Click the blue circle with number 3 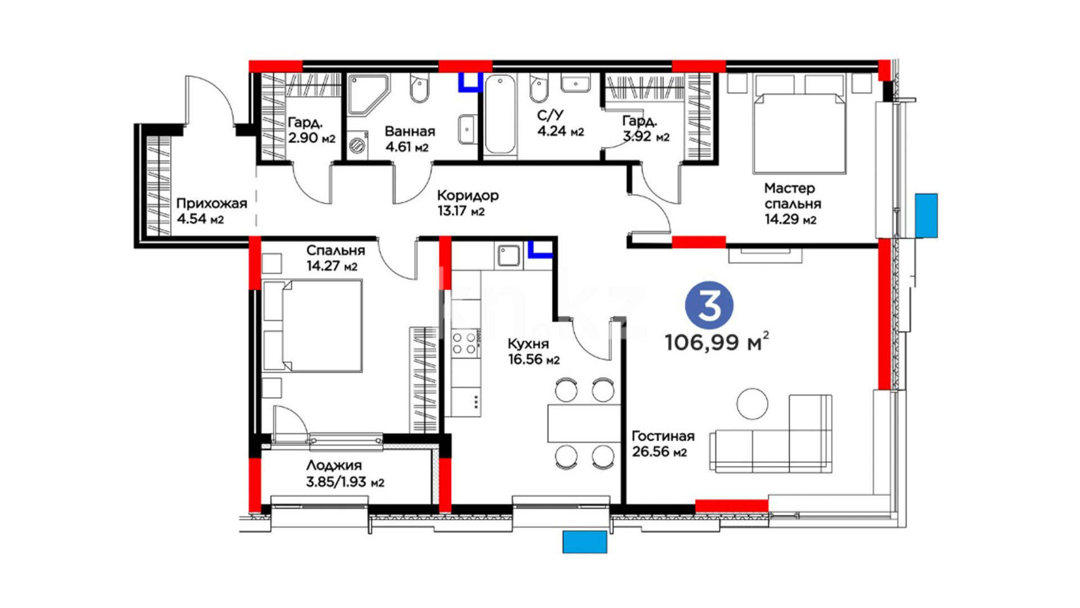[709, 305]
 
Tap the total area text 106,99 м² [717, 341]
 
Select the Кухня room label [528, 343]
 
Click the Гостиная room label [663, 436]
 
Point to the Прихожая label [211, 203]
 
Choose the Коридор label [467, 195]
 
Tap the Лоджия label [334, 466]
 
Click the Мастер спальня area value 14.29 [782, 220]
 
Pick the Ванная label [409, 131]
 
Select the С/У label [550, 115]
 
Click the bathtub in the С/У [499, 114]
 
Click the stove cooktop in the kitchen [465, 343]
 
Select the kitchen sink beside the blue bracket [510, 256]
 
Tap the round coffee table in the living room [752, 404]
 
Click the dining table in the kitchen [584, 423]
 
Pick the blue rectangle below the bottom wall [585, 542]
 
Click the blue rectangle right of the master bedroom [926, 215]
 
